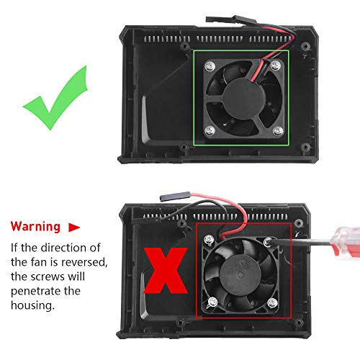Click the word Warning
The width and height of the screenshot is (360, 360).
click(x=35, y=227)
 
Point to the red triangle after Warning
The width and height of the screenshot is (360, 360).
click(x=74, y=227)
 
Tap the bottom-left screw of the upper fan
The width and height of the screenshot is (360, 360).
click(x=207, y=130)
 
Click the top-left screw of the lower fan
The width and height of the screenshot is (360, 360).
click(x=210, y=239)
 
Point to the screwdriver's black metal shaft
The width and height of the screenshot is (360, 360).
click(x=292, y=248)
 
